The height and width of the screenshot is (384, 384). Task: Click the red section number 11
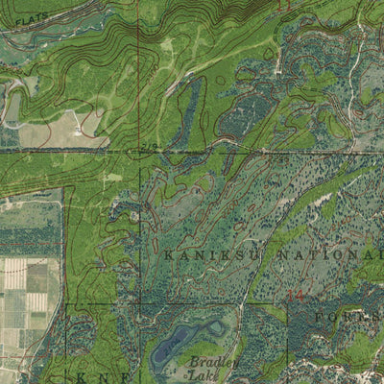(x=282, y=7)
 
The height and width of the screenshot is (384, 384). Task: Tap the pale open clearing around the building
(x=58, y=132)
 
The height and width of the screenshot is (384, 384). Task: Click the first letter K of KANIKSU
(x=169, y=255)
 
